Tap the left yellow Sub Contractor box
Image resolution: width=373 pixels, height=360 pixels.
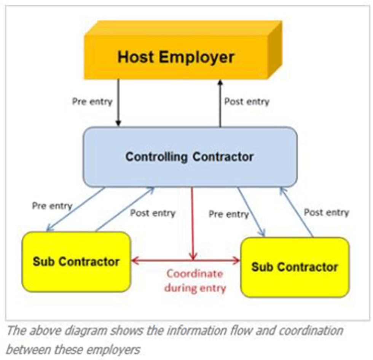[x=76, y=262]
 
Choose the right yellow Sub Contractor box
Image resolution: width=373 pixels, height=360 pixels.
[x=295, y=267]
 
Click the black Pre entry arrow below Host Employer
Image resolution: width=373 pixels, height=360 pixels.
[x=118, y=102]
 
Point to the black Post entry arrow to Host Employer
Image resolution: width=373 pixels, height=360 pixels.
[x=220, y=102]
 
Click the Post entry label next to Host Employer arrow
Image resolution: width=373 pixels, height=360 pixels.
[x=247, y=102]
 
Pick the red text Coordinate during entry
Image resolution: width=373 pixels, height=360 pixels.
[x=195, y=280]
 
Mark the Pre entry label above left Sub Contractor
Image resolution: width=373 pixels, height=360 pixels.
[x=52, y=205]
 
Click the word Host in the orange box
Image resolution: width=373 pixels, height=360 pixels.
[x=135, y=57]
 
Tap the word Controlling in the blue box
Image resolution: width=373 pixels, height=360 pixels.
[x=156, y=157]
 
